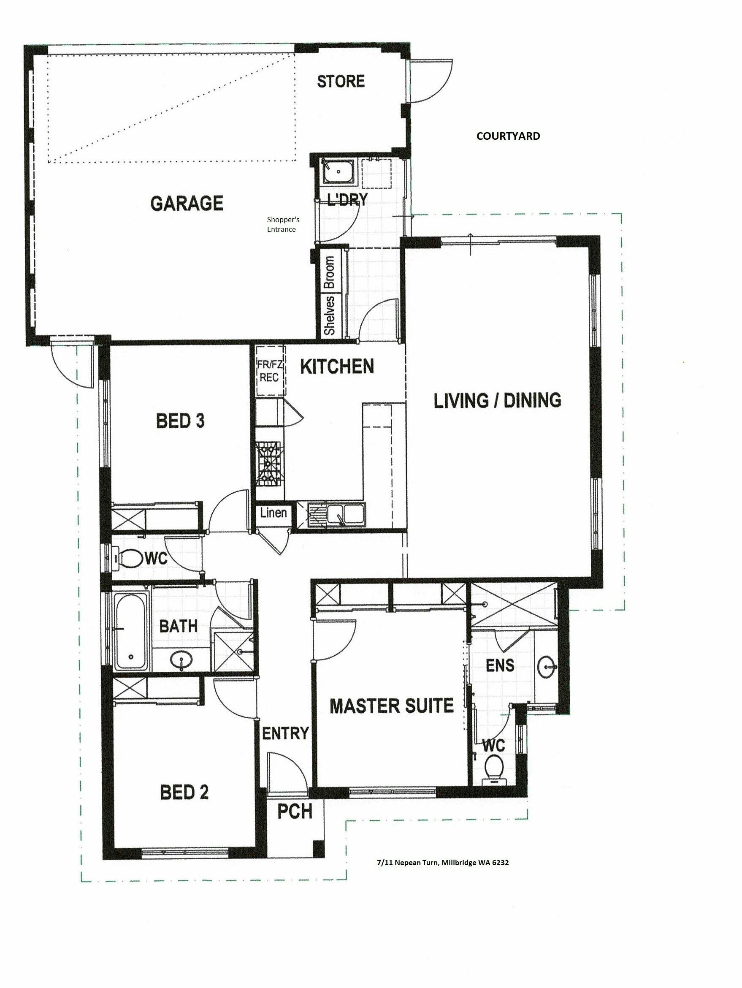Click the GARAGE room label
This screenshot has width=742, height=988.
pyautogui.click(x=187, y=203)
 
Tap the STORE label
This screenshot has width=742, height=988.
pyautogui.click(x=341, y=81)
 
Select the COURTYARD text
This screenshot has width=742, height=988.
pyautogui.click(x=508, y=136)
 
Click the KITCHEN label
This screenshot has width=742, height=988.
pyautogui.click(x=337, y=366)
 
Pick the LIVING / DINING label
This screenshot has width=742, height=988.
pyautogui.click(x=497, y=400)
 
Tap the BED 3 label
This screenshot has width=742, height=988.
pyautogui.click(x=180, y=421)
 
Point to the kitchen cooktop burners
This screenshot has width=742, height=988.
pyautogui.click(x=268, y=464)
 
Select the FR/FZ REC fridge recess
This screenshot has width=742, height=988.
pyautogui.click(x=270, y=370)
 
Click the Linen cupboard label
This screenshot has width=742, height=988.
pyautogui.click(x=273, y=512)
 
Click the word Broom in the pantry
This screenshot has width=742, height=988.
pyautogui.click(x=330, y=272)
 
